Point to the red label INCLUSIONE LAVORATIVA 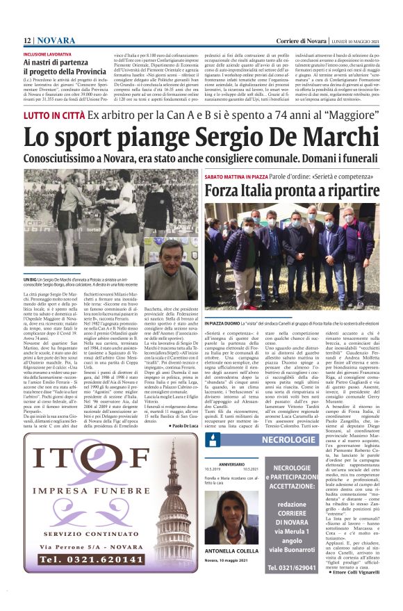(51, 54)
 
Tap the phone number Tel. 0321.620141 (83, 578)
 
